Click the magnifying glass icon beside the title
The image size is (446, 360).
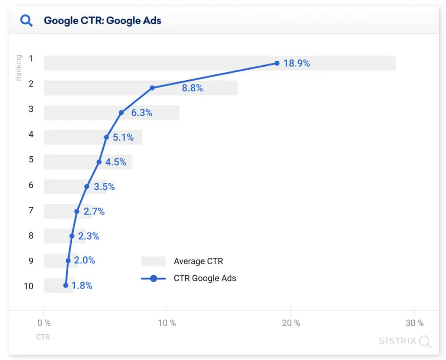pos(27,20)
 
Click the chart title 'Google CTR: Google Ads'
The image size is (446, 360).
pos(102,20)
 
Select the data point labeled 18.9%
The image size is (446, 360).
pos(277,63)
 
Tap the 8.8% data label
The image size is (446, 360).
pos(193,88)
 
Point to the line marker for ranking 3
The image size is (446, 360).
pos(122,112)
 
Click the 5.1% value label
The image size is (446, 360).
pos(123,138)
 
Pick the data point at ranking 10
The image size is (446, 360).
pos(66,286)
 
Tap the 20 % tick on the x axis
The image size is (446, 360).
pos(291,323)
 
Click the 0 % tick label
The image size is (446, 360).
pos(44,323)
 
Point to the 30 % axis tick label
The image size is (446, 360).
pos(415,323)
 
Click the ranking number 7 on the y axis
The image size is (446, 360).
pos(31,210)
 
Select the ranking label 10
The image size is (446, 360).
pos(29,286)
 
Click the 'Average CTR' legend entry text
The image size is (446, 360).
pos(198,262)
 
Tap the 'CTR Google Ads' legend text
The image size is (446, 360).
pos(205,278)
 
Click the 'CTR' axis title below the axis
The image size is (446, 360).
pos(43,337)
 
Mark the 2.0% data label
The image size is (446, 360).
pos(84,260)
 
